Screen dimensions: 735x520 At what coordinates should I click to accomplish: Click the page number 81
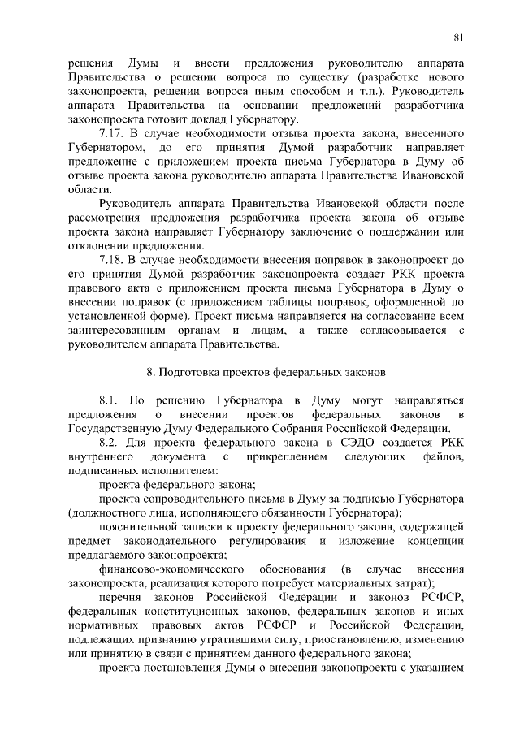coord(458,37)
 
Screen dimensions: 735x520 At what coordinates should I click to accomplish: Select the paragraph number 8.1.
coord(109,400)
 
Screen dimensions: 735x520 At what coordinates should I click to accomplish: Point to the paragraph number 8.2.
coord(110,443)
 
